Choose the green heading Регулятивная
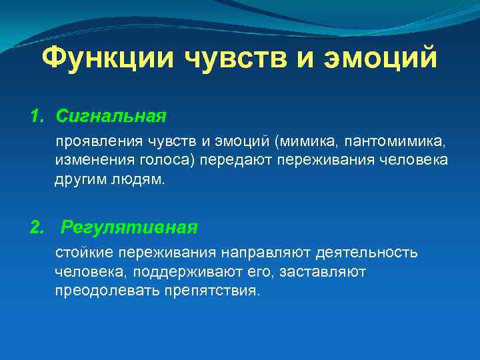click(129, 227)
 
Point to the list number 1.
click(36, 117)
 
